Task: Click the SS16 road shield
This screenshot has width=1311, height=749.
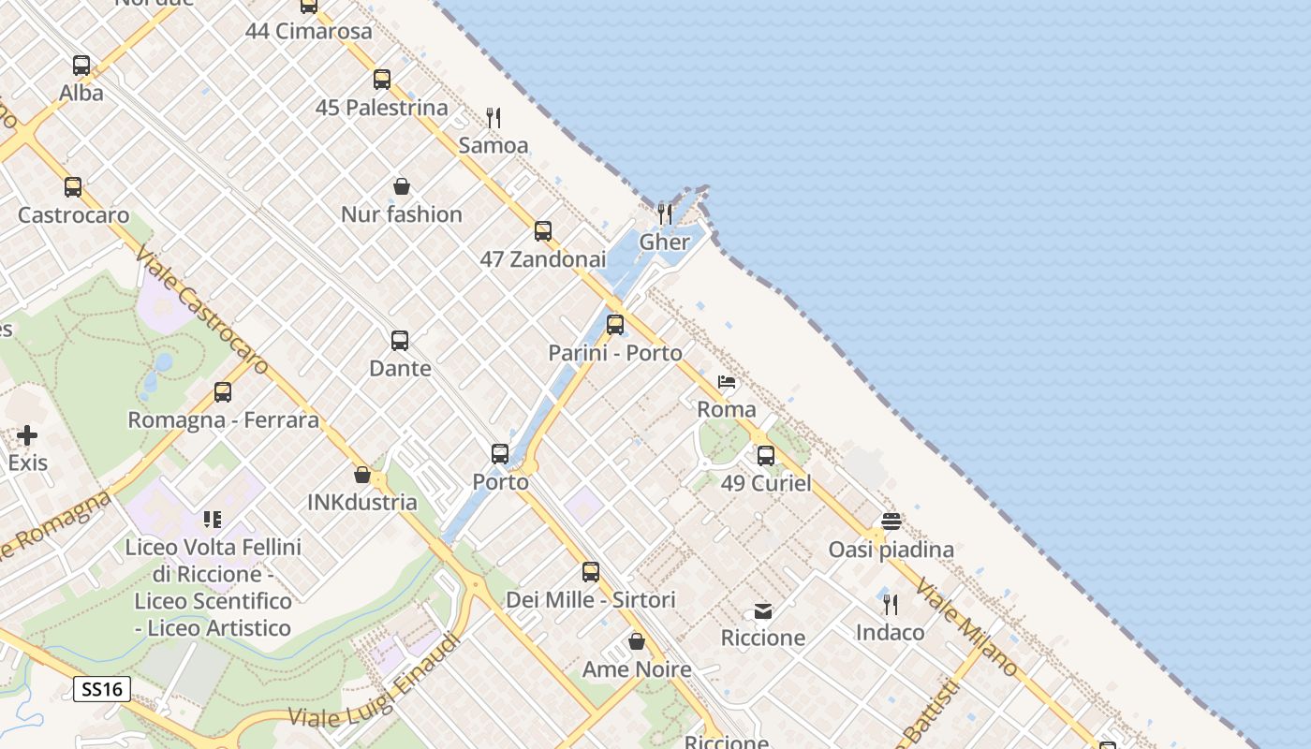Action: pos(101,690)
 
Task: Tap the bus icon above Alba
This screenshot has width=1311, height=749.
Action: pos(81,66)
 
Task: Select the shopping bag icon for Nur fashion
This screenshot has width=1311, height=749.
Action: pos(402,186)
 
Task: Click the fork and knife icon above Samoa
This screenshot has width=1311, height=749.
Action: pos(493,118)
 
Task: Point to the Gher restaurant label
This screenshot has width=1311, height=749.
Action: pos(664,242)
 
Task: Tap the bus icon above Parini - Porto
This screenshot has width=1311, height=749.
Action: pos(615,325)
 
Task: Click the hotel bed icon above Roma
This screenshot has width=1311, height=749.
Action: pos(727,382)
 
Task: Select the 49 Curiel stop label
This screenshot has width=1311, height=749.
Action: pos(766,484)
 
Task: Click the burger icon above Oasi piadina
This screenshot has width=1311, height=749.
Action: pos(891,521)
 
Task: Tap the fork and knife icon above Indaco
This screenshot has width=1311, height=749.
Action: pos(890,605)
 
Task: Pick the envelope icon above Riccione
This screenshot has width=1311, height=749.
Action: pos(763,611)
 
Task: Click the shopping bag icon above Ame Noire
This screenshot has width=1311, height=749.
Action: pos(637,641)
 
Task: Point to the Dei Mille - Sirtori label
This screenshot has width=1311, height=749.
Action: pos(591,600)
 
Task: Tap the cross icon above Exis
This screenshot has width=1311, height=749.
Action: pos(27,435)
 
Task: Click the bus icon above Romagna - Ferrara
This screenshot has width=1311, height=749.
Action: pos(223,392)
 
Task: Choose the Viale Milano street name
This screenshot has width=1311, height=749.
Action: pos(966,627)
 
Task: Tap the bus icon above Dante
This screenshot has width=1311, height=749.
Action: pos(400,341)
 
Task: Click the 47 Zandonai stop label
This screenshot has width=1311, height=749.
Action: pos(543,259)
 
